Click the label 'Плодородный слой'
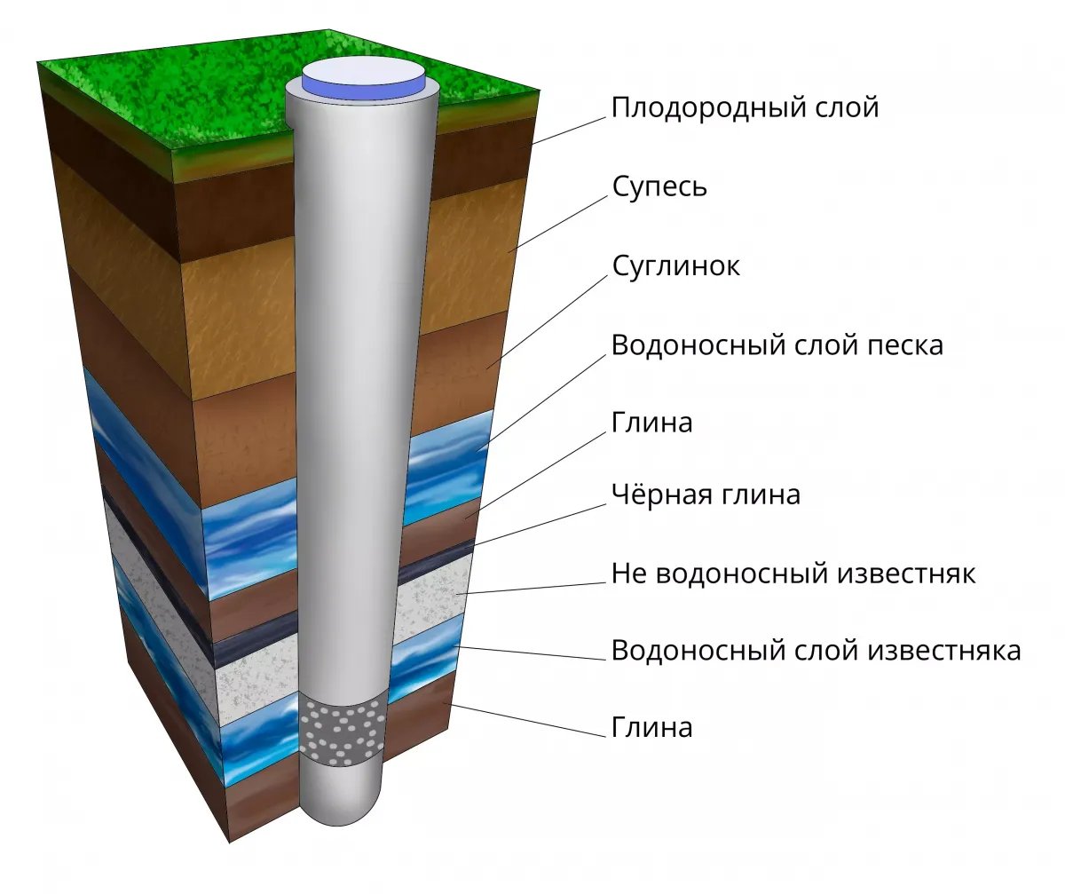pos(745,108)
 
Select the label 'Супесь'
pos(659,187)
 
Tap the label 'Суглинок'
pos(675,266)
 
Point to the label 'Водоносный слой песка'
pos(777,345)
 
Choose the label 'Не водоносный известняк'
pos(793,574)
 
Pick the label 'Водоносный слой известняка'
pos(816,650)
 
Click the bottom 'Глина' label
pos(651,726)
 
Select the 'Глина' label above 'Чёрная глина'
pos(651,423)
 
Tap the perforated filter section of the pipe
pos(340,732)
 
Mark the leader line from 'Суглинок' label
pos(548,322)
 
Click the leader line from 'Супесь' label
pos(558,224)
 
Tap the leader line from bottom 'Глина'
pos(527,720)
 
